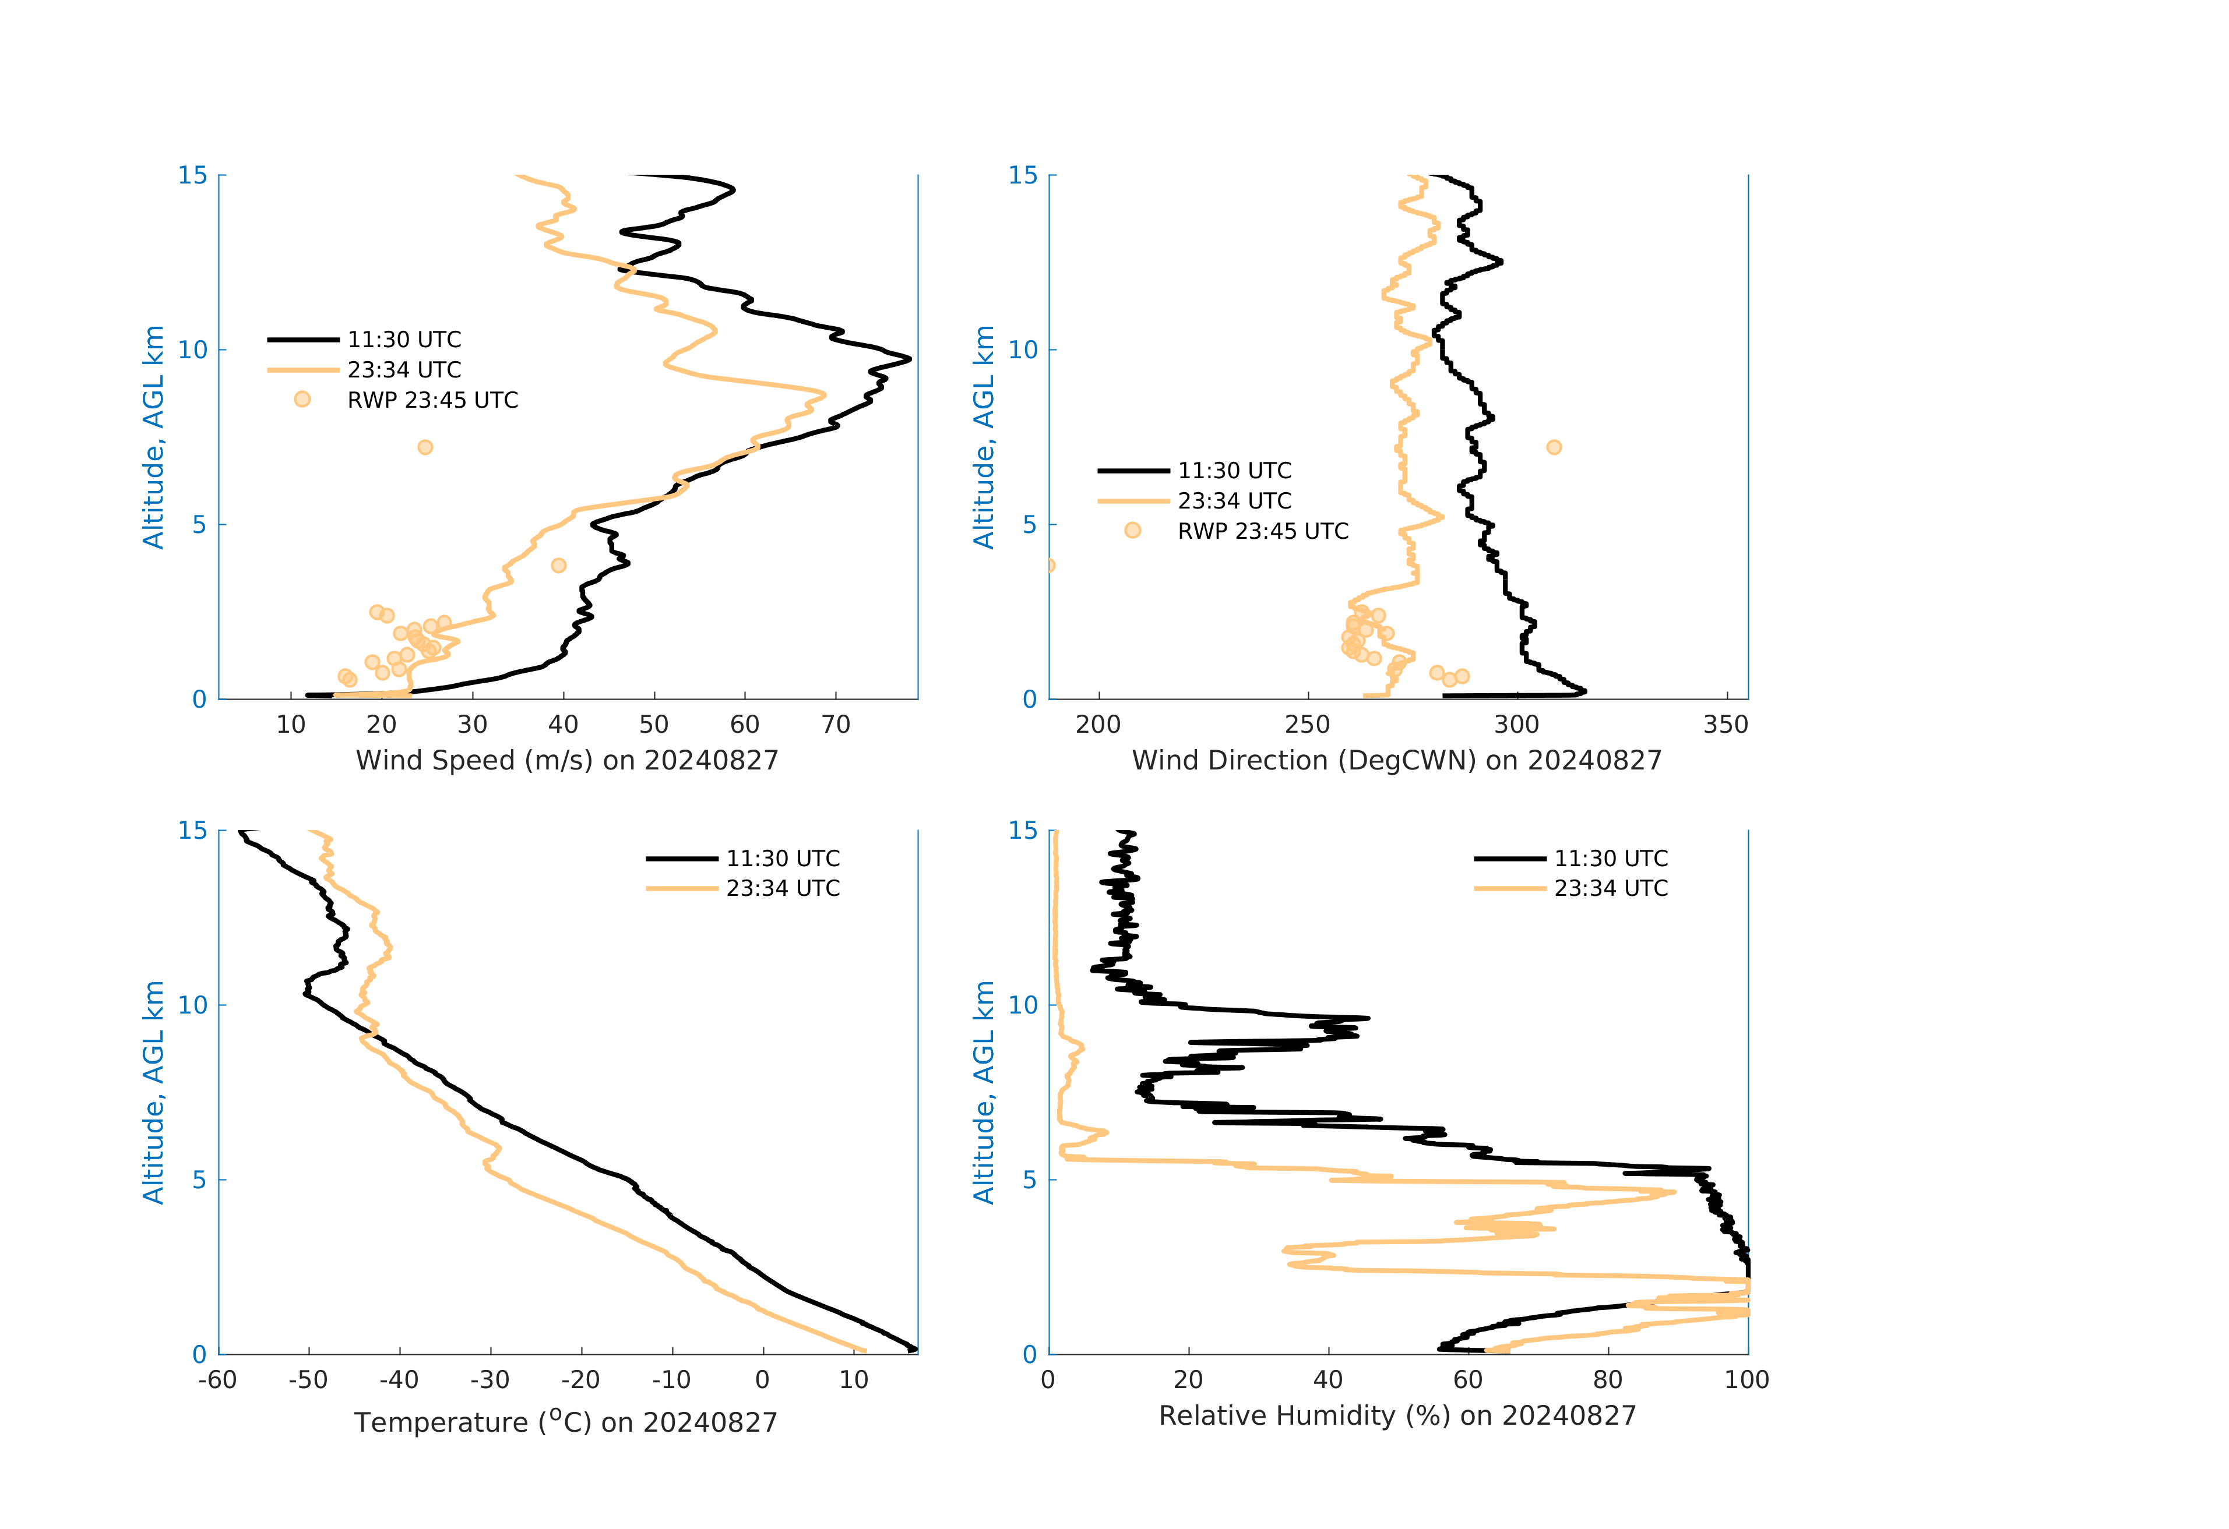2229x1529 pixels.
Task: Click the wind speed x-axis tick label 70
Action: tap(836, 725)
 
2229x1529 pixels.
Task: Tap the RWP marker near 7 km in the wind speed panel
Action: tap(425, 448)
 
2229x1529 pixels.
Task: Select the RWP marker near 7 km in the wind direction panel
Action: tap(1554, 448)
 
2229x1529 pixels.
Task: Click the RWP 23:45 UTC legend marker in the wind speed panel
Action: tap(302, 400)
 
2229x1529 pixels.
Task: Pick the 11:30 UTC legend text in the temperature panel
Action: tap(783, 858)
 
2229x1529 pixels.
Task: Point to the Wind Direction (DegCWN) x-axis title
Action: tap(1396, 760)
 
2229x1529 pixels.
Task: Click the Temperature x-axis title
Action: tap(566, 1422)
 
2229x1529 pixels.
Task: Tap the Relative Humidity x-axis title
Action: tap(1396, 1416)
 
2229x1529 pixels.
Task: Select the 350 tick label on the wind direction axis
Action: tap(1726, 725)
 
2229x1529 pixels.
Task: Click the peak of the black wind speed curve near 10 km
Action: tap(909, 359)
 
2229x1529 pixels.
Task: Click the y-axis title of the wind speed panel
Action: tap(153, 437)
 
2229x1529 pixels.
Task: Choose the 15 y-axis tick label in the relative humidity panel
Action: tap(1023, 830)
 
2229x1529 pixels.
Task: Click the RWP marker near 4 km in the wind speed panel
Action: tap(558, 566)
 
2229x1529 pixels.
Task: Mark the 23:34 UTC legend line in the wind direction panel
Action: tap(1133, 500)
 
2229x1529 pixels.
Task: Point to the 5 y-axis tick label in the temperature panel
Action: tap(199, 1179)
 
